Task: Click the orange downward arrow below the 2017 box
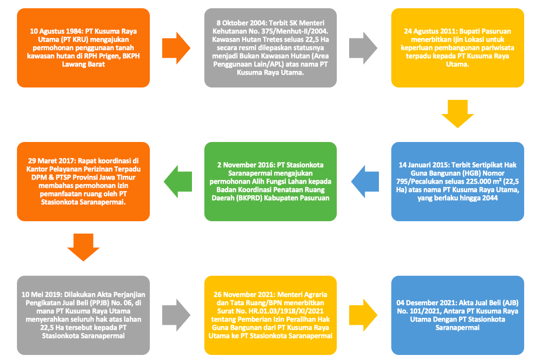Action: pos(83,248)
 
